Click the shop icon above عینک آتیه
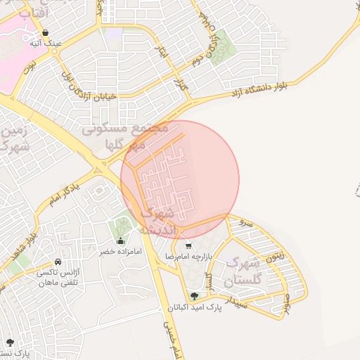(x=46, y=32)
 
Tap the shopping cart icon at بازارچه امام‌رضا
(x=188, y=245)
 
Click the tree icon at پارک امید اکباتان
(x=194, y=296)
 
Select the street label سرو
(x=245, y=222)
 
